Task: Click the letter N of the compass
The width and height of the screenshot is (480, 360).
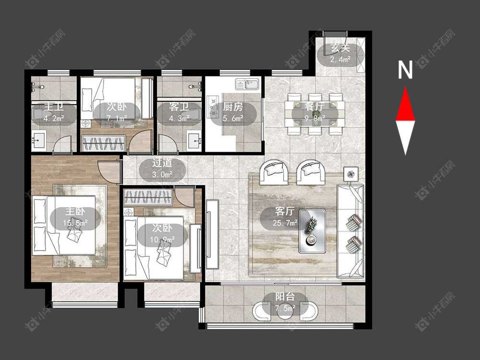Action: click(405, 70)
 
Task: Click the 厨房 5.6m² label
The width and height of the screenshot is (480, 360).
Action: click(233, 112)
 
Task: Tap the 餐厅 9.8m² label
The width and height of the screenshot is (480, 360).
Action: click(315, 112)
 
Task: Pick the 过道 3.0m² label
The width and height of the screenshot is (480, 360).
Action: click(162, 168)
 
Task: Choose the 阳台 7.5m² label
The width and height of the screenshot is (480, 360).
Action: click(285, 302)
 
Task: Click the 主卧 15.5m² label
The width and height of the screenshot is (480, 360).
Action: click(75, 217)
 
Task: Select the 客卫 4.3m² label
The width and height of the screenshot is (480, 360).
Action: click(179, 112)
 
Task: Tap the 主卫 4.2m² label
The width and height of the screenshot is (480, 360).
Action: click(54, 112)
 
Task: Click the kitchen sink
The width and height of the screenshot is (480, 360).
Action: click(247, 84)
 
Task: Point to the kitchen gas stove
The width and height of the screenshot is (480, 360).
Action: click(212, 107)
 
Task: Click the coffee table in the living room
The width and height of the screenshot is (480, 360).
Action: click(312, 231)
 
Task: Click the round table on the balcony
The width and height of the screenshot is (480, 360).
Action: click(285, 311)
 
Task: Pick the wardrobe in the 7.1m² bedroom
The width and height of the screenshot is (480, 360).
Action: click(103, 143)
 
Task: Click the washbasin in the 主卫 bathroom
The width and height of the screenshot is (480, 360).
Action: click(38, 140)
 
